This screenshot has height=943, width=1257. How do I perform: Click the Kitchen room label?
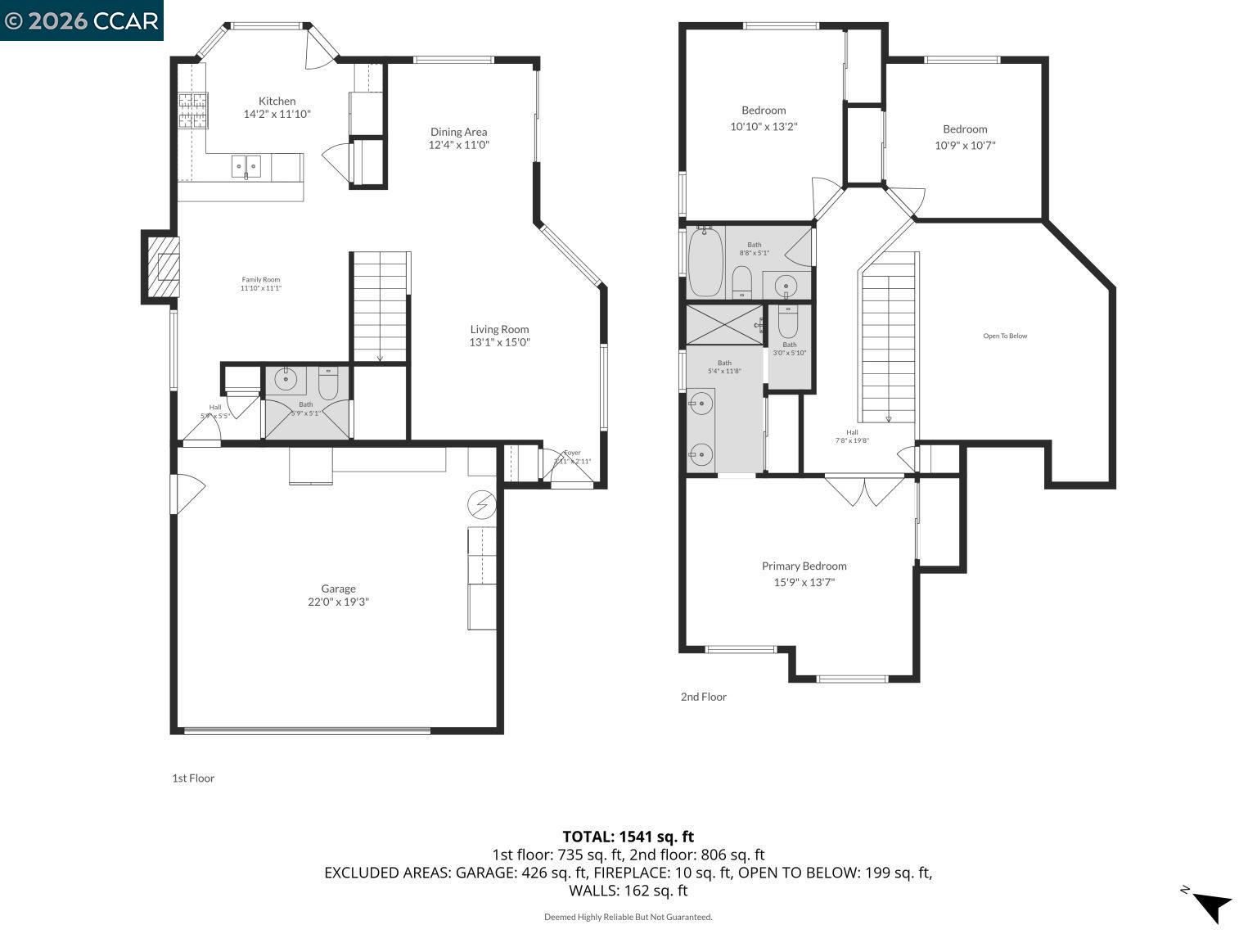(277, 101)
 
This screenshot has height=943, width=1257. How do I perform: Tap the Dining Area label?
(458, 132)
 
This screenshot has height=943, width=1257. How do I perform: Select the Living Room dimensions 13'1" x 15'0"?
(499, 343)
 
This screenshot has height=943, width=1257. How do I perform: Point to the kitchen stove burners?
(192, 111)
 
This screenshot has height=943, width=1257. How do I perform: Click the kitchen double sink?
(246, 166)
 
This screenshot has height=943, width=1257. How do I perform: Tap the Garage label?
(338, 589)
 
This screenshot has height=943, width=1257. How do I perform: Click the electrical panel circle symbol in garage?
(482, 505)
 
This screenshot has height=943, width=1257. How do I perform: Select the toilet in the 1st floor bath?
(328, 383)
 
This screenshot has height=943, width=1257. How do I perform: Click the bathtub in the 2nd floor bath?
(705, 262)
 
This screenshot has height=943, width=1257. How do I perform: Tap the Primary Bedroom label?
(804, 566)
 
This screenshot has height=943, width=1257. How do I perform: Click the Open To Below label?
(1005, 336)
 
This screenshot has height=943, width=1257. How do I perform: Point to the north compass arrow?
(1210, 905)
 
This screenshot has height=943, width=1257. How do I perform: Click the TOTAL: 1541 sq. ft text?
(628, 837)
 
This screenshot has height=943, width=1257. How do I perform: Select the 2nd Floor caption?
(703, 697)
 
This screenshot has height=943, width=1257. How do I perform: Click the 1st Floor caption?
(193, 778)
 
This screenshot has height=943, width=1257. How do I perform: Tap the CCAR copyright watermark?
(81, 20)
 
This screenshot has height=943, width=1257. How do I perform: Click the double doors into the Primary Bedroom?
(865, 490)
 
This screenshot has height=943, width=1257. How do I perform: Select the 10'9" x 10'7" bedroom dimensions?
(965, 146)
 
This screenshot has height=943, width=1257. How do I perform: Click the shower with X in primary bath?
(724, 324)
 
